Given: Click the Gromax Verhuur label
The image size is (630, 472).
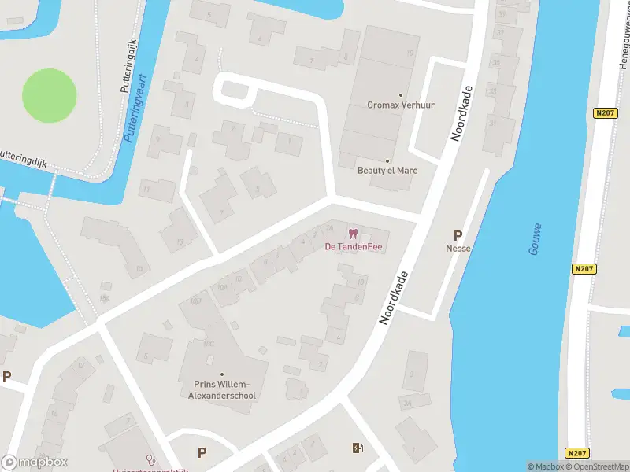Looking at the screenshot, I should click(401, 105).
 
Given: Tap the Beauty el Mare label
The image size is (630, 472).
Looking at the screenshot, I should click(387, 170).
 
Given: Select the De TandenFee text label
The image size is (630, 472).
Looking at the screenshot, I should click(353, 245).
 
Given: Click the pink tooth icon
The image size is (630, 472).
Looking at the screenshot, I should click(353, 233).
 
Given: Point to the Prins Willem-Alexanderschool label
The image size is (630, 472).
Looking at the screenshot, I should click(220, 390).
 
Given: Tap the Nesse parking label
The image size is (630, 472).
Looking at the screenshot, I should click(457, 247).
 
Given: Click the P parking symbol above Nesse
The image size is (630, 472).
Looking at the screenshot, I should click(457, 234).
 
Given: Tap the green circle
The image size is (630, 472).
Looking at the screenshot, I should click(49, 95).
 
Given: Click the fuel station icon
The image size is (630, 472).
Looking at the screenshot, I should click(358, 448).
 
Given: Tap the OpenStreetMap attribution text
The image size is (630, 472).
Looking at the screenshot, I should click(599, 466).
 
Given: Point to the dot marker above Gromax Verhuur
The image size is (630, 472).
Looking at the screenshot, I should click(401, 94).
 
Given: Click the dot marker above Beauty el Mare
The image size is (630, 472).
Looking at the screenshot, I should click(387, 160).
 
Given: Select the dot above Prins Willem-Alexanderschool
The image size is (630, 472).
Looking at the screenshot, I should click(221, 374).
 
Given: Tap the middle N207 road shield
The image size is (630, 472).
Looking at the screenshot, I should click(584, 269).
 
